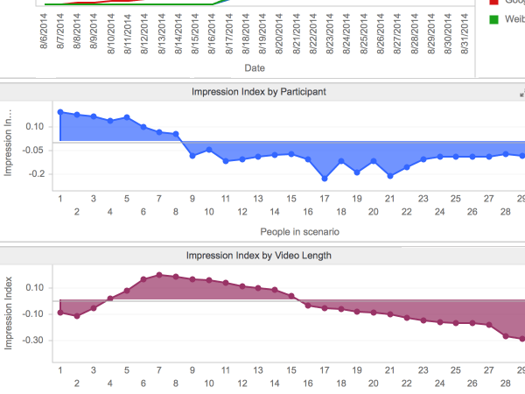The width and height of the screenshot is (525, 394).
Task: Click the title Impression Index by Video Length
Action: (259, 256)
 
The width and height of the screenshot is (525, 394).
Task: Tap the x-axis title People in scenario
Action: (299, 232)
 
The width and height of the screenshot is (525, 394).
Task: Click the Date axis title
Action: (255, 67)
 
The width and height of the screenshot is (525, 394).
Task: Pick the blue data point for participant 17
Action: (324, 179)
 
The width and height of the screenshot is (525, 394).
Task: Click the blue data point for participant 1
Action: (60, 112)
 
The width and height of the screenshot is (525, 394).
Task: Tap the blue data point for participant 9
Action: (192, 156)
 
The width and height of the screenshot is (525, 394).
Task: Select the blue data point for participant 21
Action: (389, 176)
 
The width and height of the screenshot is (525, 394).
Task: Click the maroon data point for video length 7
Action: (159, 274)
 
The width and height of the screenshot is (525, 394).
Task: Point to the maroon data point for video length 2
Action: (77, 316)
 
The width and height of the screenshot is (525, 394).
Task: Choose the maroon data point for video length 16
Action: (307, 304)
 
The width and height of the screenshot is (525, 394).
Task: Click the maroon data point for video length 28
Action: (506, 335)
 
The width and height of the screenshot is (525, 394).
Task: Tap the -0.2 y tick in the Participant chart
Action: (35, 174)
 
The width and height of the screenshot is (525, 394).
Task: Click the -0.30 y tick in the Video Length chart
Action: (31, 340)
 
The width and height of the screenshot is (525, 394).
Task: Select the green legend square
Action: (493, 19)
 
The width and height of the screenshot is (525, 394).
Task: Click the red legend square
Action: (493, 3)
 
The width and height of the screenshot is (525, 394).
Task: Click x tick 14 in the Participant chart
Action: (275, 212)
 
